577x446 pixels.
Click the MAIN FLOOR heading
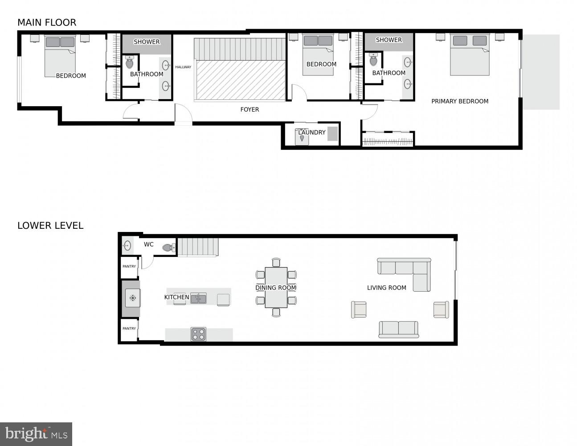47,22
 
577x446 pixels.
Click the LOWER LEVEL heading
50,226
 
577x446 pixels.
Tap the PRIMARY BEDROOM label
460,101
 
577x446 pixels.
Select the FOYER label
250,109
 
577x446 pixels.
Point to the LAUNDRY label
312,132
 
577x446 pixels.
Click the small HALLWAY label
183,67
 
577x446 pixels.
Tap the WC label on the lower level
149,244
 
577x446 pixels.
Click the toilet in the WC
168,248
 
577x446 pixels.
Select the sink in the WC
127,245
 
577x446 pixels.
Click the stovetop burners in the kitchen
198,334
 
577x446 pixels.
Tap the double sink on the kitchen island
199,298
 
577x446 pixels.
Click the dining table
276,288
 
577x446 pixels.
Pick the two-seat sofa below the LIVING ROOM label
398,329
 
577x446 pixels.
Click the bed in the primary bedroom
470,54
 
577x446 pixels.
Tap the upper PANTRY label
129,266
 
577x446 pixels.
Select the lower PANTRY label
129,329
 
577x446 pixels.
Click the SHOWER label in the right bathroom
389,40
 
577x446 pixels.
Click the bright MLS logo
36,434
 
